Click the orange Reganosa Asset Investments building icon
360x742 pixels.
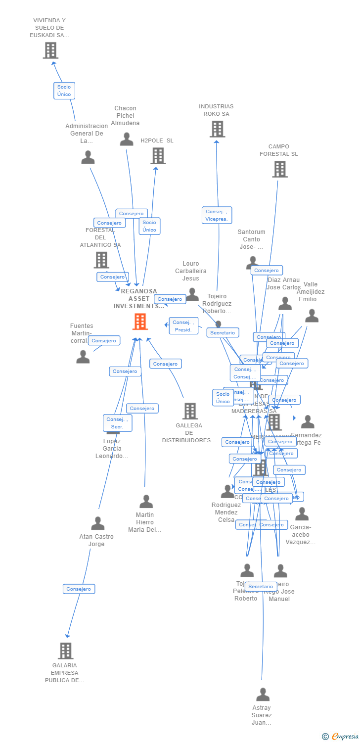(140, 322)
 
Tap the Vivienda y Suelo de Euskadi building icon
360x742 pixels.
(50, 50)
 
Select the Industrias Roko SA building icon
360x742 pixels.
(217, 129)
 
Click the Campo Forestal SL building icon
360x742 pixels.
(280, 169)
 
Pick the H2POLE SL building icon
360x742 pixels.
(158, 156)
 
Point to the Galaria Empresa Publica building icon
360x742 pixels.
(66, 651)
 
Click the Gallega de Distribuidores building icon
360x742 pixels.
(190, 411)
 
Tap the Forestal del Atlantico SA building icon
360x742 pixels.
(101, 260)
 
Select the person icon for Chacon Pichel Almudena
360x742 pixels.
(127, 139)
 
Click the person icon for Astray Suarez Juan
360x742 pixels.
(263, 695)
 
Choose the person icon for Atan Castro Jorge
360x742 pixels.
(98, 523)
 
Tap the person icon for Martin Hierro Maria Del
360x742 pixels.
(146, 502)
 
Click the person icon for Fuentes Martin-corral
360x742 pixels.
(83, 357)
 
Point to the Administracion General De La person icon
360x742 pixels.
(88, 157)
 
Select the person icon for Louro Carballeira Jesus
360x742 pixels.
(192, 294)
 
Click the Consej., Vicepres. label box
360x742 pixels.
(217, 215)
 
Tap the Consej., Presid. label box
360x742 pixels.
(183, 326)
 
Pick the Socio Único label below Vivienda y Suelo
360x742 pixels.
(64, 91)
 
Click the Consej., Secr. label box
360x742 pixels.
(117, 423)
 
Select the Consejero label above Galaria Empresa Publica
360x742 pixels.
(79, 589)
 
